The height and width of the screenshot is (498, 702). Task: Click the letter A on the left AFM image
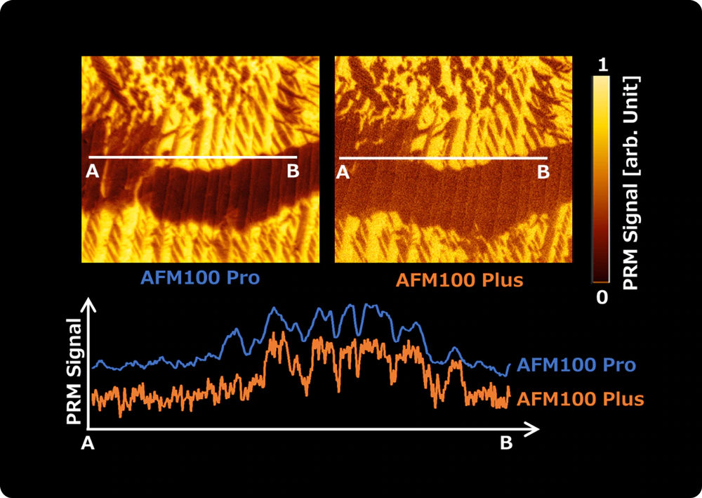[x=92, y=171]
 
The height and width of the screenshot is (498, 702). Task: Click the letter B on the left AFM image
[x=293, y=171]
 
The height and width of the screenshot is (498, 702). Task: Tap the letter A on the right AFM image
[x=343, y=171]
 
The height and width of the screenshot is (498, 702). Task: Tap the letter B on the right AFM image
[x=543, y=171]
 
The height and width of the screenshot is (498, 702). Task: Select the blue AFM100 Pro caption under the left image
[x=200, y=277]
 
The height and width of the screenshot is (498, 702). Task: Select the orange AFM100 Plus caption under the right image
[x=460, y=280]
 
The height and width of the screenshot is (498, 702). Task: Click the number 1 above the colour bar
[x=601, y=65]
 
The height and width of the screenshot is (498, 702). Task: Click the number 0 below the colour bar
[x=602, y=297]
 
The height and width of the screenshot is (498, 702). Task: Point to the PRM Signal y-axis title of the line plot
[x=74, y=372]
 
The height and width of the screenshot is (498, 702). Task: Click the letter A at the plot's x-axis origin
[x=88, y=443]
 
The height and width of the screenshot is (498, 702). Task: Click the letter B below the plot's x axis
[x=505, y=443]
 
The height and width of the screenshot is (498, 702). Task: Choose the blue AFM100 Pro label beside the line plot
[x=576, y=365]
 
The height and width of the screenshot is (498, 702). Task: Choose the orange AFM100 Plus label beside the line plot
[x=580, y=400]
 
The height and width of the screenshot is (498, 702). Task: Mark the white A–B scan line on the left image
[x=193, y=157]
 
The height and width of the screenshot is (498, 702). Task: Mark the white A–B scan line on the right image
[x=443, y=157]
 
